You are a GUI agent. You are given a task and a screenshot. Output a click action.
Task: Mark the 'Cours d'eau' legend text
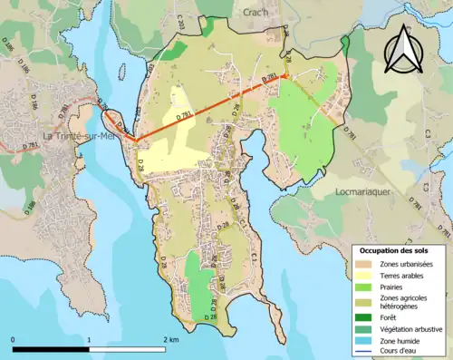point(400,350)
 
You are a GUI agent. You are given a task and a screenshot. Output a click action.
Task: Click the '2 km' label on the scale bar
point(169,339)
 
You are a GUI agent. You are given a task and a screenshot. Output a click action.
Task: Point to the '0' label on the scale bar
point(13,339)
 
